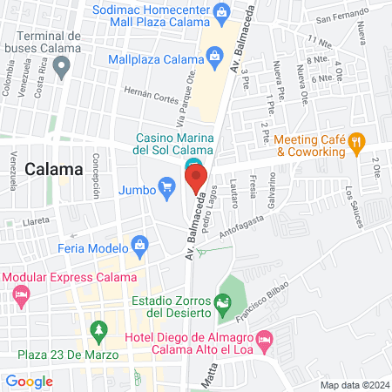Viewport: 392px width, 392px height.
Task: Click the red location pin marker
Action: pos(195,179)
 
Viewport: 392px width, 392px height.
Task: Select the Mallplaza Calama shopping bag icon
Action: pos(213,59)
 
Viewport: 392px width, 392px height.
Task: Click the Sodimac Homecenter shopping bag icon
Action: pos(223,12)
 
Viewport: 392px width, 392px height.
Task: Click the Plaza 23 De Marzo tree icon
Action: pos(98,331)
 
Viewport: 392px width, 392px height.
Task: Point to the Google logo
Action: pos(29,381)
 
